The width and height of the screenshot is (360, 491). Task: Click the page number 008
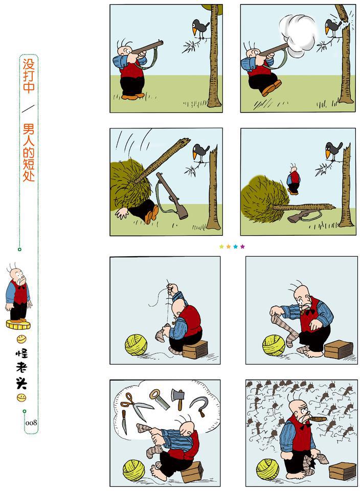coord(31,423)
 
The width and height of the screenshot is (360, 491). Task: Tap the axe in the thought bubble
coord(178,398)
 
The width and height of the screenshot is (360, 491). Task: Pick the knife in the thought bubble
coord(125,421)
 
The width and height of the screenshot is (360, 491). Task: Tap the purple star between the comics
coord(242,247)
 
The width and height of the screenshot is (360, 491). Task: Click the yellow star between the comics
coord(221,247)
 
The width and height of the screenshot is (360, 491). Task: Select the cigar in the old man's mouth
coord(318,419)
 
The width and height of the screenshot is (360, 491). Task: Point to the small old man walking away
coord(294,180)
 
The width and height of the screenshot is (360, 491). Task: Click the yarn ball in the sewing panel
coord(136,344)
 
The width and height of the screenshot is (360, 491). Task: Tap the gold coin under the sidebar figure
coord(18,325)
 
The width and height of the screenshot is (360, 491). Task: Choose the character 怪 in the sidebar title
coord(21,353)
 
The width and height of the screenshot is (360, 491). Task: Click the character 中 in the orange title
coord(29,86)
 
